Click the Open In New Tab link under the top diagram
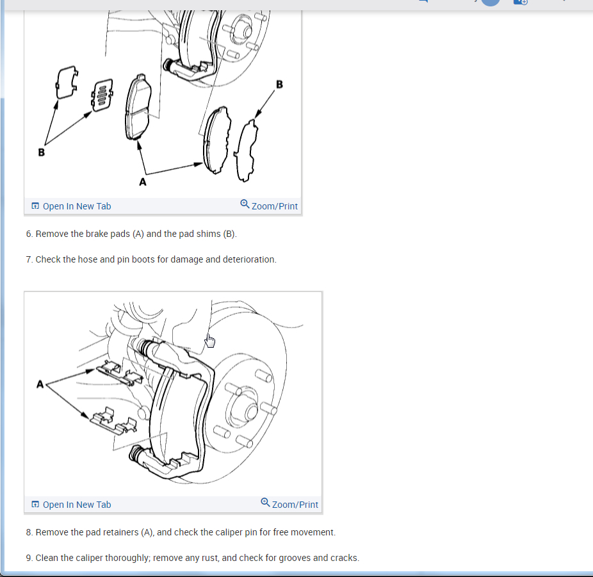click(72, 206)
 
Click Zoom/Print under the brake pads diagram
click(269, 206)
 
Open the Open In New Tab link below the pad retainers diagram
click(72, 505)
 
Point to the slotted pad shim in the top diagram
click(102, 95)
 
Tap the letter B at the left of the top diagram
click(42, 152)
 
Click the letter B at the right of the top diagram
click(279, 85)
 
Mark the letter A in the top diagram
click(143, 182)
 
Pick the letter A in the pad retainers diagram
click(40, 384)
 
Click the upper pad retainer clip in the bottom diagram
click(120, 373)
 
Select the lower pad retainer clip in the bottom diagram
click(113, 421)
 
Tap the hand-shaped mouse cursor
click(210, 341)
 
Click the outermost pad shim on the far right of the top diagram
click(247, 151)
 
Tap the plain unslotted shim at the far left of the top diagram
click(67, 82)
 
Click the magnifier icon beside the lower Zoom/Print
click(266, 503)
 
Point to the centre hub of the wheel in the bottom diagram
click(251, 412)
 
